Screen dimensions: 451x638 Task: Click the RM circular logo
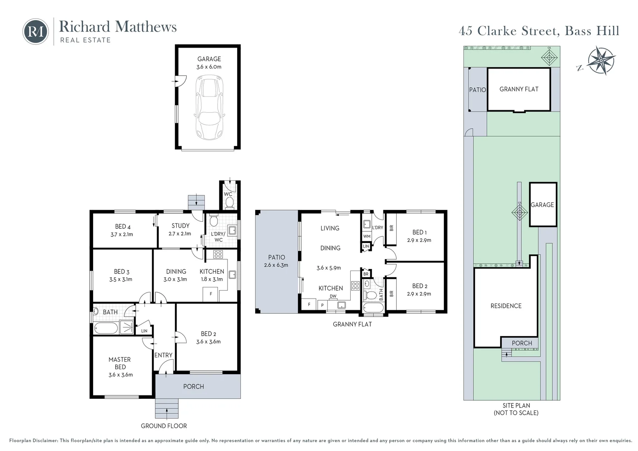(35, 31)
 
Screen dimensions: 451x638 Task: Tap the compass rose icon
(600, 61)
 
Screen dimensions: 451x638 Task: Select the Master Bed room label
(120, 363)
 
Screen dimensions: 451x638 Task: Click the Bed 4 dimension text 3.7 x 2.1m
(122, 234)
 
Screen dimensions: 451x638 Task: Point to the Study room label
(180, 225)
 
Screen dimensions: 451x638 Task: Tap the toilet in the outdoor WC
(229, 203)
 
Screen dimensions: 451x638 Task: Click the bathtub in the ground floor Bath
(106, 327)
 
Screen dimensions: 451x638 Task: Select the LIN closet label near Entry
(144, 331)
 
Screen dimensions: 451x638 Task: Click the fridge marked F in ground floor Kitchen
(211, 294)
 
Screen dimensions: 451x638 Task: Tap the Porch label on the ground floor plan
(194, 386)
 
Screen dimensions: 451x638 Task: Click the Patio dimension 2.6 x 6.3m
(276, 265)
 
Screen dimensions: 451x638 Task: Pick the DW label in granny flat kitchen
(333, 296)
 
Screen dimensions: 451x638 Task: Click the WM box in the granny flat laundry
(367, 236)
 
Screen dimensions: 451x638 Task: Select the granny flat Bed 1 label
(420, 232)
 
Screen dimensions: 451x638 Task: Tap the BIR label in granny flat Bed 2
(391, 293)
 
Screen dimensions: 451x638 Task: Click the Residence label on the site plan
(506, 306)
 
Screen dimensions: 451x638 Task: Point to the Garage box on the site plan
(542, 205)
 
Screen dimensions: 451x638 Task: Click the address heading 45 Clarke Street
(539, 31)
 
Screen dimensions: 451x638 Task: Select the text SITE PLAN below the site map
(516, 405)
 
